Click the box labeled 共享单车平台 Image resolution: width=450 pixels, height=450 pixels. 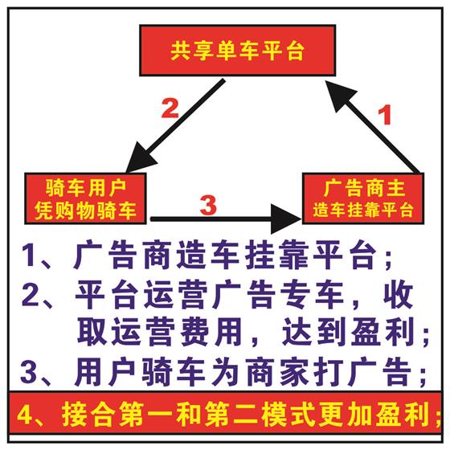tap(237, 51)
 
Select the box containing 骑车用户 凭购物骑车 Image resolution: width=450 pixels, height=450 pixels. tap(85, 198)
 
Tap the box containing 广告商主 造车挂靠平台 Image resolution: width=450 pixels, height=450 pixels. tap(363, 198)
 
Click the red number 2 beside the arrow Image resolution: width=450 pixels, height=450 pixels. tap(170, 108)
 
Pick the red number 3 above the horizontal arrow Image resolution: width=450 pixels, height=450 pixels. tap(208, 205)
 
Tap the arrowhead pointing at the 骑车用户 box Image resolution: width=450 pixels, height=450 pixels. tap(141, 157)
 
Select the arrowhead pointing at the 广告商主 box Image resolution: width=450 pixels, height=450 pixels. tap(286, 219)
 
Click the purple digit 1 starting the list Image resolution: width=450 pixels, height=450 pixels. tap(28, 255)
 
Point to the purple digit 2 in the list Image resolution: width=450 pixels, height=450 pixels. tap(30, 294)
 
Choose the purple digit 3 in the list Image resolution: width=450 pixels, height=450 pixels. tap(29, 372)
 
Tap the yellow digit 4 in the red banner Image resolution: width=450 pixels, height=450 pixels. tap(25, 415)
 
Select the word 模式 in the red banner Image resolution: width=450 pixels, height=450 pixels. tap(289, 415)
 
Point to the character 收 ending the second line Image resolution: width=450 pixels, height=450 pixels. tap(399, 294)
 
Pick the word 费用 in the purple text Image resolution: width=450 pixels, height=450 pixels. tap(210, 333)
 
